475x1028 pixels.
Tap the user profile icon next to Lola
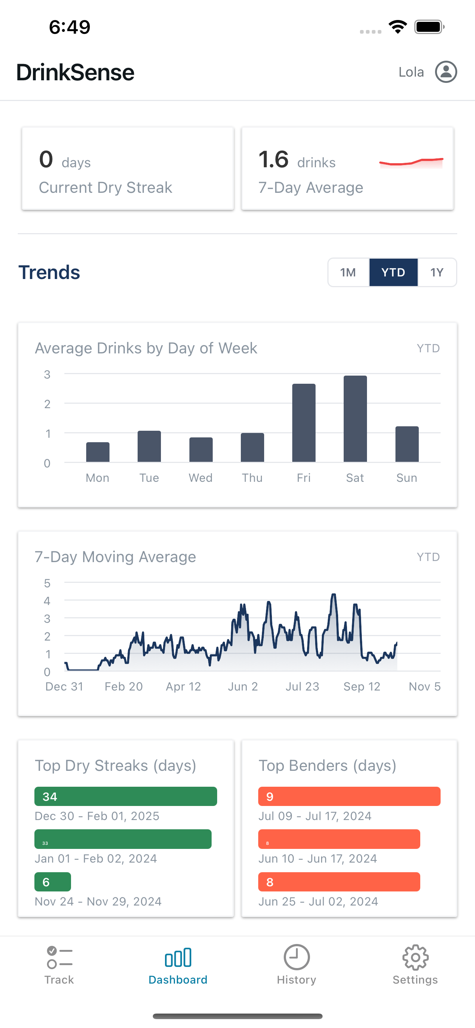coord(445,72)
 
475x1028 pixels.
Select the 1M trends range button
coord(348,272)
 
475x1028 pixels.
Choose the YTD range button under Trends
coord(393,272)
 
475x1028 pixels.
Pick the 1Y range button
coord(437,272)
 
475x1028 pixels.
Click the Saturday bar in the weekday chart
coord(355,419)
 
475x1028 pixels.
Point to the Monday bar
coord(98,452)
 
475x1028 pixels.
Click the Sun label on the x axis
coord(407,478)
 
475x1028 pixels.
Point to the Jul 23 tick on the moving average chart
coord(302,686)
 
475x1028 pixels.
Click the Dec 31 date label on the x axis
coord(64,686)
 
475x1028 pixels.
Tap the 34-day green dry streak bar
coord(126,796)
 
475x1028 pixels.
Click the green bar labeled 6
coord(53,881)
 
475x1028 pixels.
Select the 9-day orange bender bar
coord(349,796)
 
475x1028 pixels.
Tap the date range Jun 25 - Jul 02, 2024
coord(318,901)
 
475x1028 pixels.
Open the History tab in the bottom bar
coord(296,964)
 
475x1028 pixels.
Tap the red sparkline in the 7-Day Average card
coord(411,162)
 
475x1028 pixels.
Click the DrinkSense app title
coord(75,72)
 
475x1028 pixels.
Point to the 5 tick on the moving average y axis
coord(47,583)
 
